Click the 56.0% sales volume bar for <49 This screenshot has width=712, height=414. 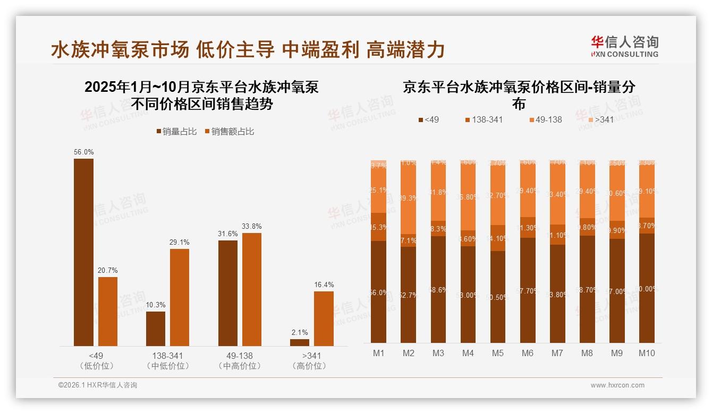[83, 252]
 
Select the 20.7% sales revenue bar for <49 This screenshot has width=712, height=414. [108, 311]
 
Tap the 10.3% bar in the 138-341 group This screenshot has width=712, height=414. [156, 329]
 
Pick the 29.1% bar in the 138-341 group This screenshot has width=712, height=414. [180, 297]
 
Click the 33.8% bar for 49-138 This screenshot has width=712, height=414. [252, 289]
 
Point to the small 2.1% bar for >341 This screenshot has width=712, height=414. [300, 342]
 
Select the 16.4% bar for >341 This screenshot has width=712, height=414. [324, 318]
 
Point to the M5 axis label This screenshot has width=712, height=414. [498, 353]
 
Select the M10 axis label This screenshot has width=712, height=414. [647, 353]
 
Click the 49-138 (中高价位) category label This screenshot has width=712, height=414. [240, 360]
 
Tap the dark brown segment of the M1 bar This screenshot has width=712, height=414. [379, 292]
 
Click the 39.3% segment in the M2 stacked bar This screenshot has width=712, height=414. [409, 198]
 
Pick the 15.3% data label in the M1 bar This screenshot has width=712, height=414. [379, 227]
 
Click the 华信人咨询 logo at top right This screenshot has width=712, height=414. [624, 46]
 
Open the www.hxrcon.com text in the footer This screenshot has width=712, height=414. [617, 385]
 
